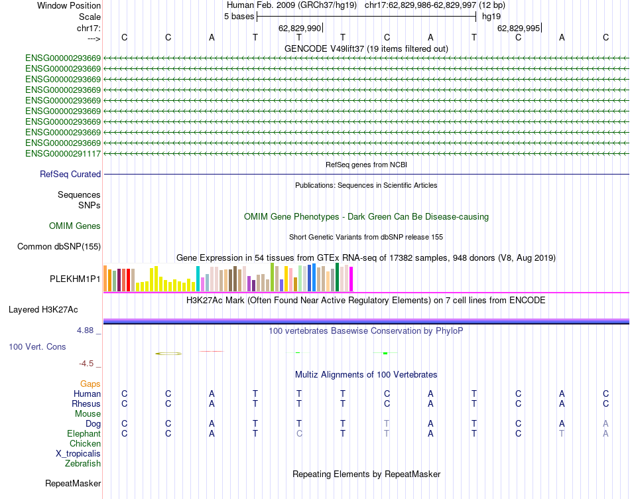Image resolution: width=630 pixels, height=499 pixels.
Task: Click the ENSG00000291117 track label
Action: (x=63, y=154)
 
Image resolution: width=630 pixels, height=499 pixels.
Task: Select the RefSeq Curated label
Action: (x=70, y=175)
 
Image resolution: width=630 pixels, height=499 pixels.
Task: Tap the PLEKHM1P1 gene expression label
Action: (x=75, y=279)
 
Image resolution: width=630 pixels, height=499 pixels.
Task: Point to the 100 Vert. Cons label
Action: (x=37, y=347)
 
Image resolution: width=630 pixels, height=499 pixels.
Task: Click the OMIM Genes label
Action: (x=75, y=226)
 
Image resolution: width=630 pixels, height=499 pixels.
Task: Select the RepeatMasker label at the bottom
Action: (x=73, y=484)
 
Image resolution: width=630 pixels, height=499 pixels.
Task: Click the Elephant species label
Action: (x=84, y=434)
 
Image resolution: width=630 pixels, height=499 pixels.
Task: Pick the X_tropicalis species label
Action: (x=78, y=454)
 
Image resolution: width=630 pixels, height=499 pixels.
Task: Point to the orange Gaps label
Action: (x=90, y=384)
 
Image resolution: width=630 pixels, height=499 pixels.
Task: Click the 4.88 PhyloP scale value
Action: (x=87, y=330)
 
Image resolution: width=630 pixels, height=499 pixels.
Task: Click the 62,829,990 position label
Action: (x=300, y=29)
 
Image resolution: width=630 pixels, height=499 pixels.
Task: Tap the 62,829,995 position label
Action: (x=519, y=29)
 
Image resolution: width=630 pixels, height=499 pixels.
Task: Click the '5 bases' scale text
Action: (x=239, y=16)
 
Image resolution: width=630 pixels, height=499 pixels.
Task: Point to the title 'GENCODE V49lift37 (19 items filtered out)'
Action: (x=366, y=48)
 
